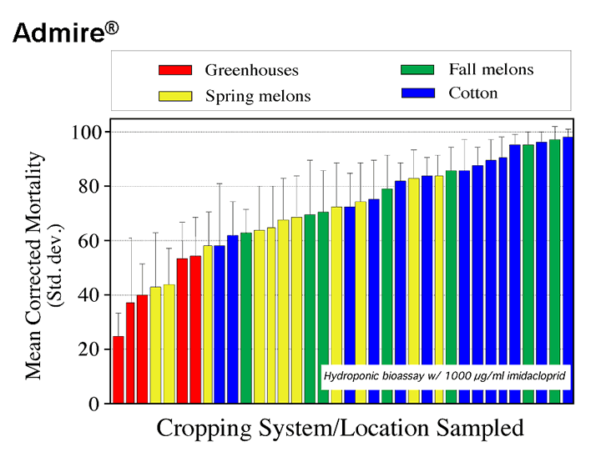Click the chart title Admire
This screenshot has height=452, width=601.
[58, 34]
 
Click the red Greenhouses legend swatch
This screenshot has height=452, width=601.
[175, 70]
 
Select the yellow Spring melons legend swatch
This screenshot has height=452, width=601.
[175, 95]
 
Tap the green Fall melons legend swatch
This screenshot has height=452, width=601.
[417, 69]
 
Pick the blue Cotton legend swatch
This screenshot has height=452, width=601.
[417, 93]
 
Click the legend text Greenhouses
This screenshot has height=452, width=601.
[251, 70]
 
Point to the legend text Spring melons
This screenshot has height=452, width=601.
[258, 96]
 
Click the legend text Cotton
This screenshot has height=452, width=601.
[472, 93]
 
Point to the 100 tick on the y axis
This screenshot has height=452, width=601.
[88, 132]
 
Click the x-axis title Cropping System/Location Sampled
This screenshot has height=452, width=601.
[340, 429]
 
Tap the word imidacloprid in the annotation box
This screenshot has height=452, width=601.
[536, 377]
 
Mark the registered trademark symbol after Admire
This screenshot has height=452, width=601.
[112, 28]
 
